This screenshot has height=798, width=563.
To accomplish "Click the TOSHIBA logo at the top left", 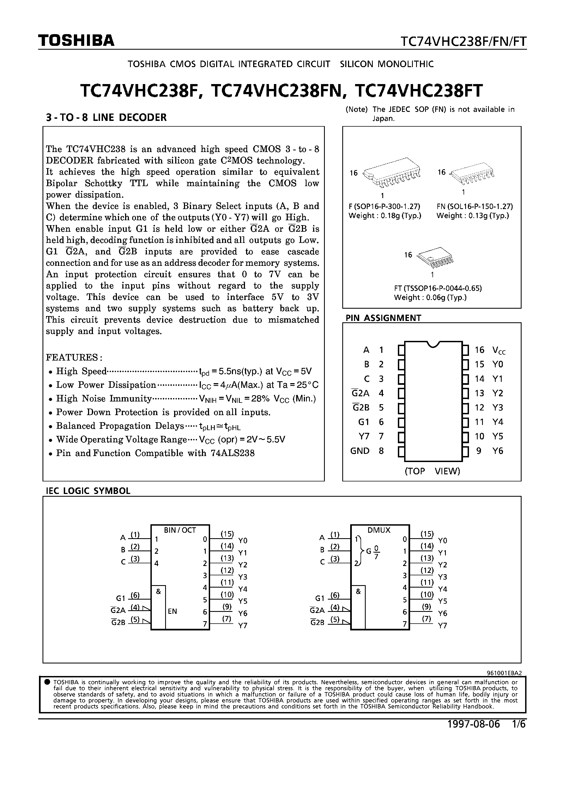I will point(76,41).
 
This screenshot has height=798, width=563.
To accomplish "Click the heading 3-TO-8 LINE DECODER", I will point(106,117).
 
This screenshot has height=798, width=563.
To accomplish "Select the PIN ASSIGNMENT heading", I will point(383,318).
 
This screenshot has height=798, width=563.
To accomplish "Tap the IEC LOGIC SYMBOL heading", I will point(88,491).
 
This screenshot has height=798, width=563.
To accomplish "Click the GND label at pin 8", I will point(360,451).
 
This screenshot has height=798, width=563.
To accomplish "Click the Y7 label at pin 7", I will point(364,436).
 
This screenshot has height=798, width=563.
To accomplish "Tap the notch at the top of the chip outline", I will point(433,344).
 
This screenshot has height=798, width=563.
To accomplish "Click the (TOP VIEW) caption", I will point(432,471).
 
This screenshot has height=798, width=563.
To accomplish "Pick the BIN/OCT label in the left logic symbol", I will point(180,530).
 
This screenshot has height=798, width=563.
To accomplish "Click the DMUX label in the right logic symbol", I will point(379,530).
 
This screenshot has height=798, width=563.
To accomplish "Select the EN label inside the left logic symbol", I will point(172,611).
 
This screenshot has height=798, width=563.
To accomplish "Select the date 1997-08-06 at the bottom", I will point(473,724).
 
